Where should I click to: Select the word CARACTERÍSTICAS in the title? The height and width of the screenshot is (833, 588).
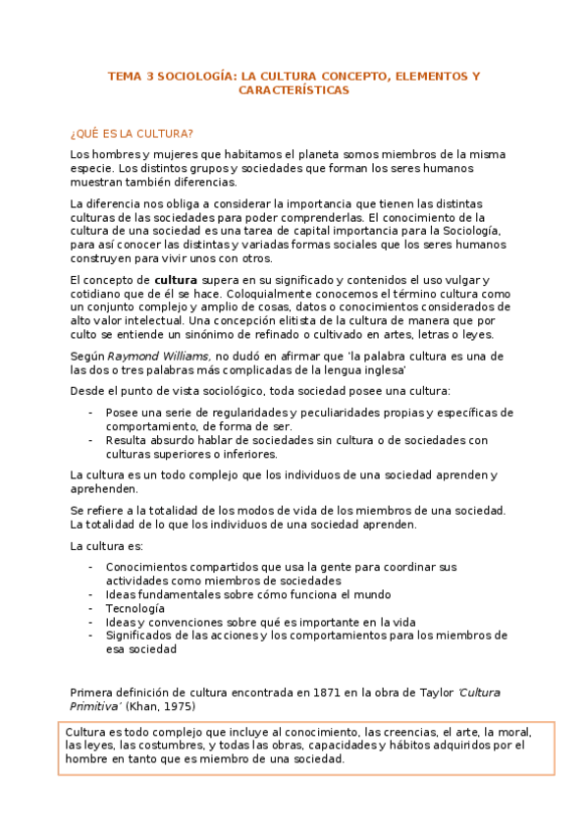[x=294, y=89]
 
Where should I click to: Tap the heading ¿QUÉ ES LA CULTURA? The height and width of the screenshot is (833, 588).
[x=132, y=133]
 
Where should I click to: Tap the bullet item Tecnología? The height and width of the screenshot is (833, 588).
[x=135, y=608]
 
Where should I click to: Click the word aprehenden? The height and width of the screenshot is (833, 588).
[x=104, y=489]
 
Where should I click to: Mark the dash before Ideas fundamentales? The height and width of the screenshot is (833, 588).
[x=91, y=594]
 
